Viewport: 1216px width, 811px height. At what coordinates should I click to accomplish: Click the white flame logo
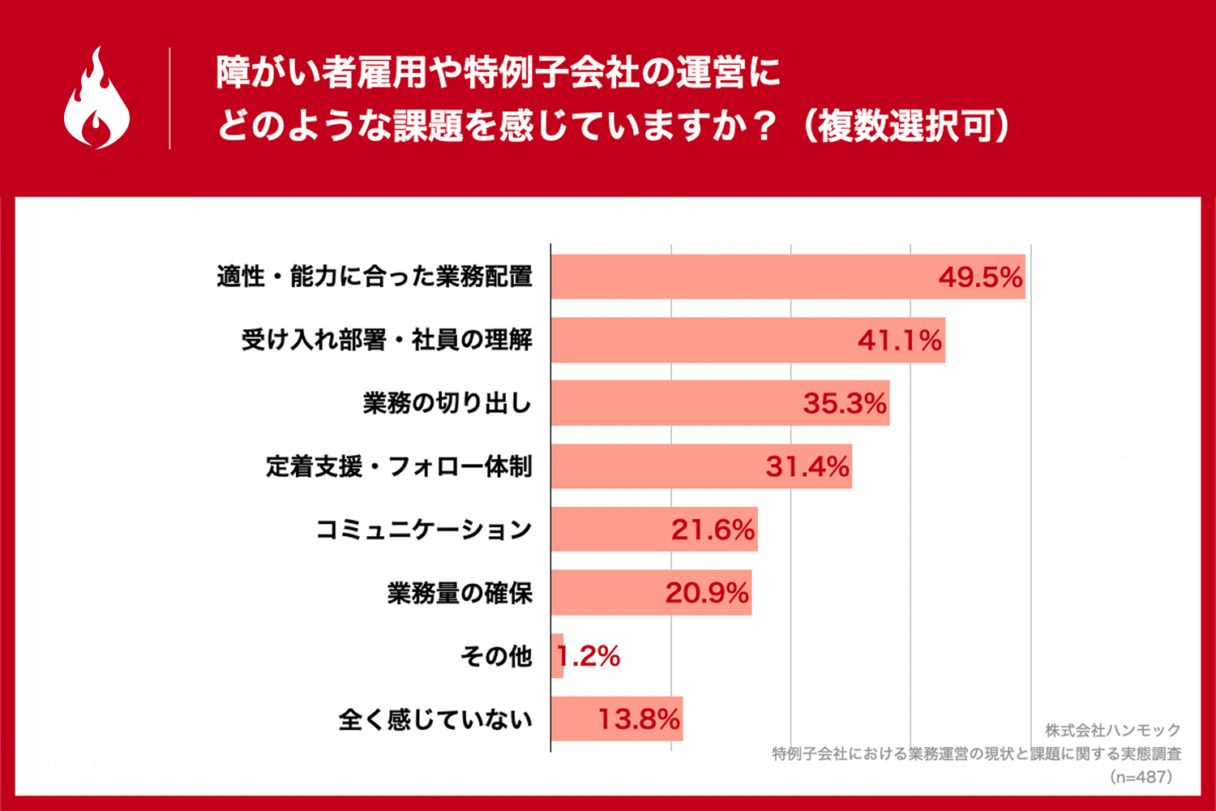(96, 99)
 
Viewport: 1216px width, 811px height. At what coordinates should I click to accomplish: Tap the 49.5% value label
(980, 277)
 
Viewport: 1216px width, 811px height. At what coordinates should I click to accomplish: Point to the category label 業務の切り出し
(447, 403)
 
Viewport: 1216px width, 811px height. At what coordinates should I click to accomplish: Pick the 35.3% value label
(845, 403)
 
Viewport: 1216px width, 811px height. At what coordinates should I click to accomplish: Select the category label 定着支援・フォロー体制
(399, 466)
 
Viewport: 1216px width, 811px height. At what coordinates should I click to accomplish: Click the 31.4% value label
(807, 466)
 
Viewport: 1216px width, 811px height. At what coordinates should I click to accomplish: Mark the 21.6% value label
(713, 530)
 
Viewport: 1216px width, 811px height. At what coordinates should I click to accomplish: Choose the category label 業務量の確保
(460, 593)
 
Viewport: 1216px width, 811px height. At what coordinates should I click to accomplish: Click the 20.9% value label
(707, 593)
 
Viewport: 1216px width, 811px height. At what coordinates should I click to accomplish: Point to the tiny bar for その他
(557, 656)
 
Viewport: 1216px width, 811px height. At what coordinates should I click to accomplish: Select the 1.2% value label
(589, 656)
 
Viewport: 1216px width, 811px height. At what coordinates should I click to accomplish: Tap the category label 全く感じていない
(435, 719)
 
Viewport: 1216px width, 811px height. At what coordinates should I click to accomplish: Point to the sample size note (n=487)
(1141, 777)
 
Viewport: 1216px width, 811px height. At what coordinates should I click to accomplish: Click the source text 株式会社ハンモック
(1112, 730)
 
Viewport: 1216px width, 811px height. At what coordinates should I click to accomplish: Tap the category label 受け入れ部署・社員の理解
(387, 340)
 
